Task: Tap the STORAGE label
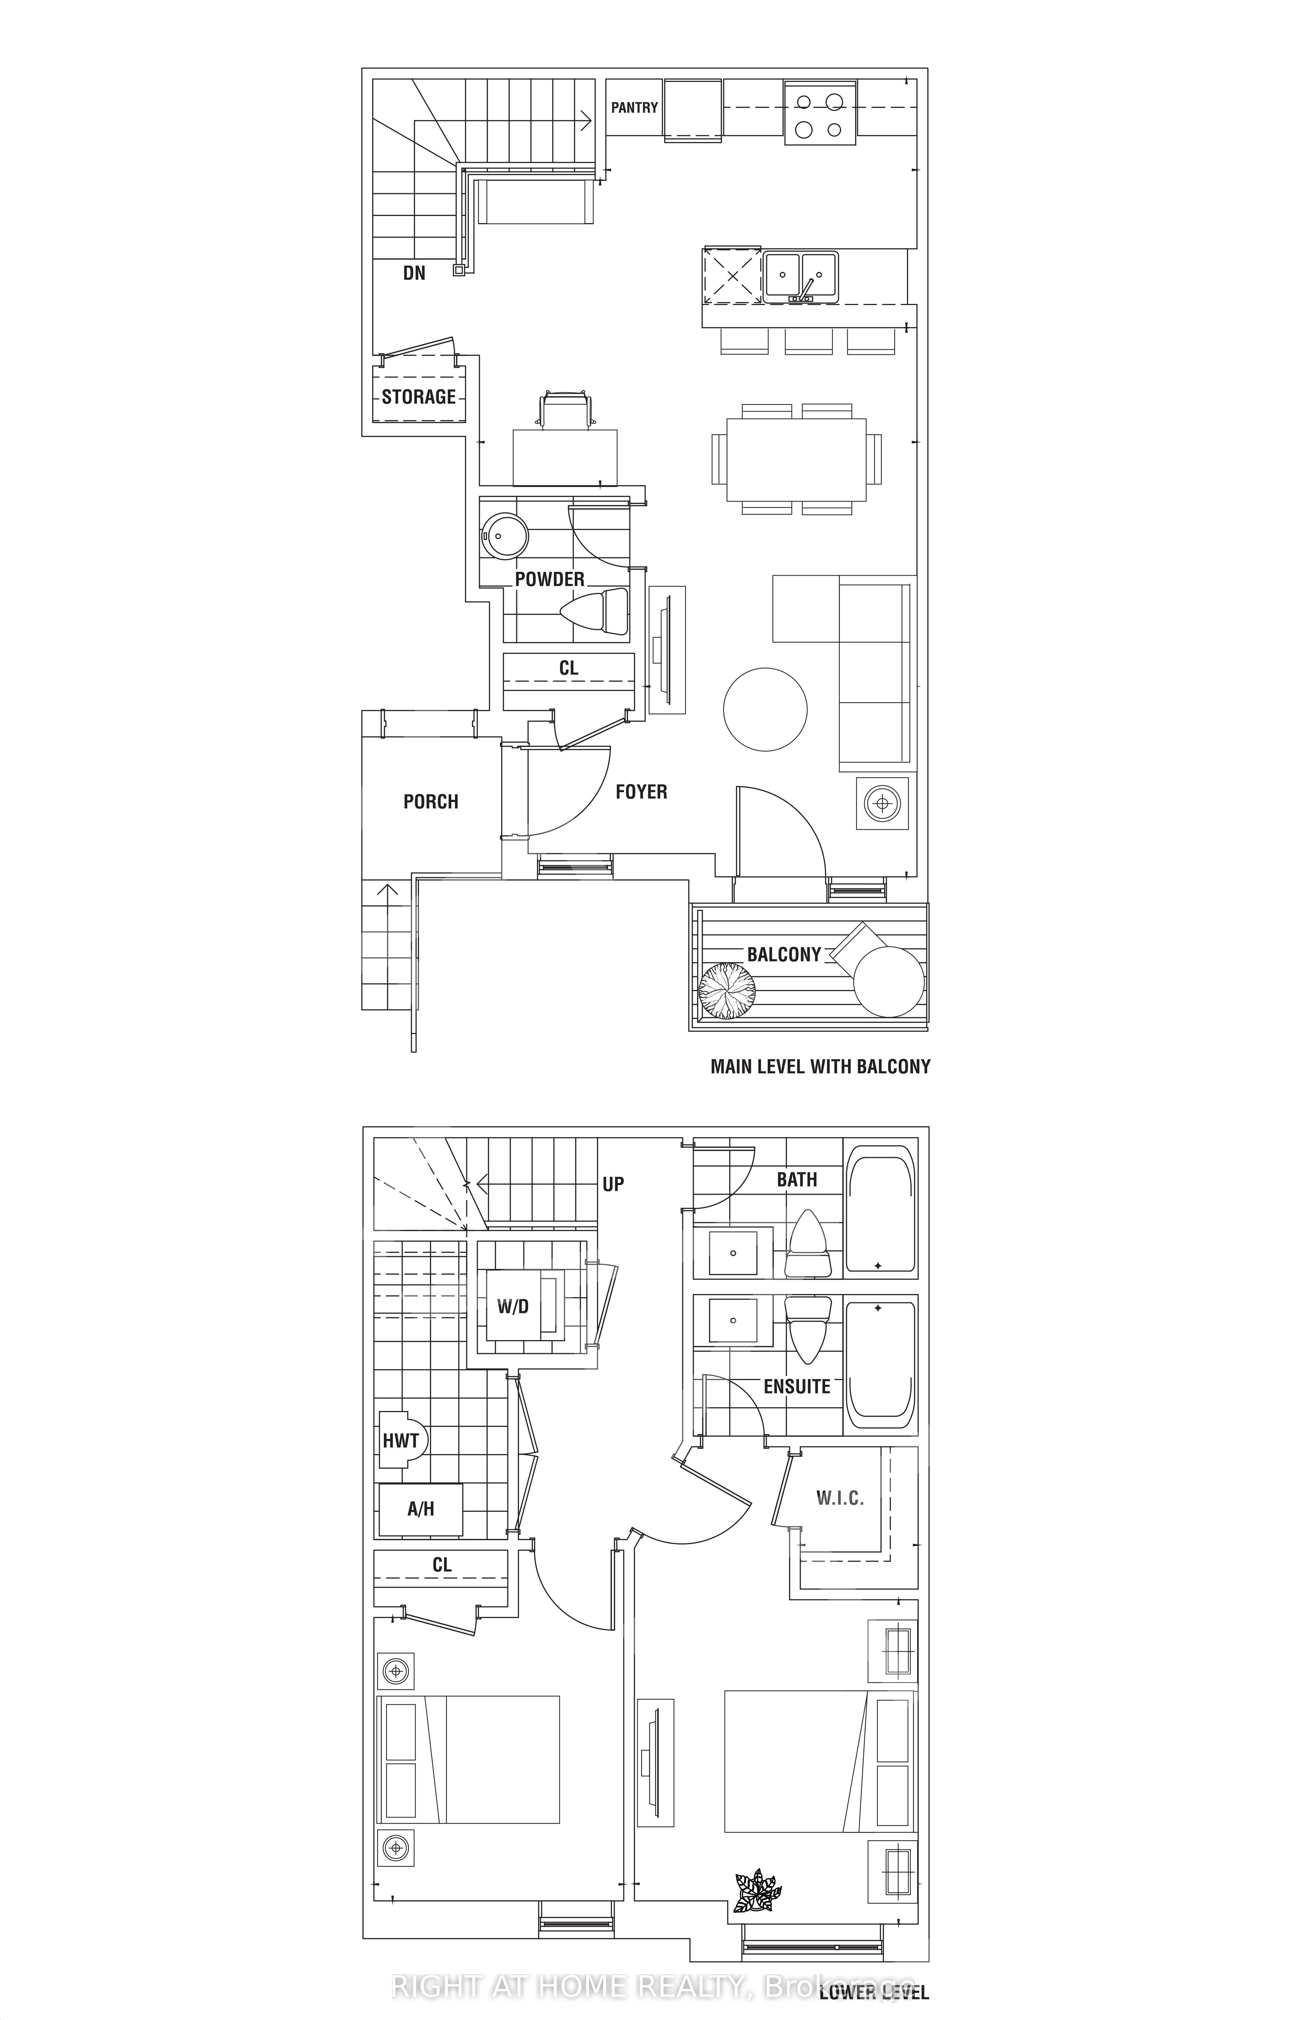(x=418, y=397)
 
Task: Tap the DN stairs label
(x=414, y=273)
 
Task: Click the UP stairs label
(x=613, y=1184)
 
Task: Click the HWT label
(x=401, y=1441)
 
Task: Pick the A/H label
(x=421, y=1508)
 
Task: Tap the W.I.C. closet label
(x=840, y=1498)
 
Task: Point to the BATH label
(x=797, y=1179)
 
